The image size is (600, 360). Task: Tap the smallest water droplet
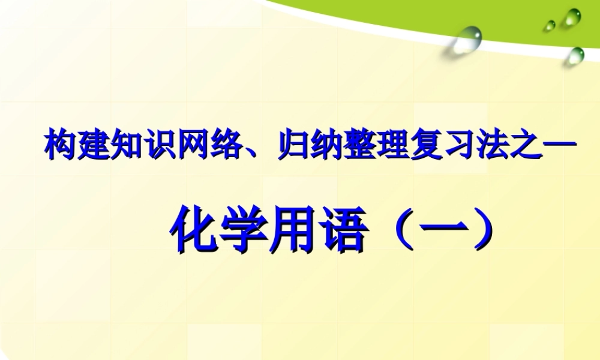[550, 25]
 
